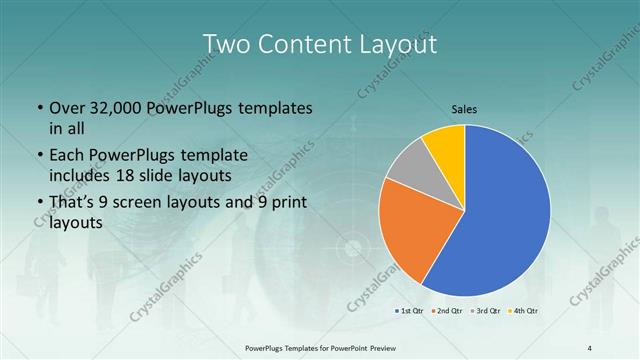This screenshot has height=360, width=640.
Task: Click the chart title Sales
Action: [464, 108]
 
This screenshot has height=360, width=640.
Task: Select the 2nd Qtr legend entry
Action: [449, 310]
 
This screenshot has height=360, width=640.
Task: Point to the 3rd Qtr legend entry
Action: [487, 310]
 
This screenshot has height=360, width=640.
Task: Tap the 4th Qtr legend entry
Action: [525, 310]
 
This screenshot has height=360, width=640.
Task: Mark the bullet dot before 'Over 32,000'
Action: [38, 108]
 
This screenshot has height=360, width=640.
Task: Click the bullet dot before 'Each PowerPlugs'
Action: [38, 156]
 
